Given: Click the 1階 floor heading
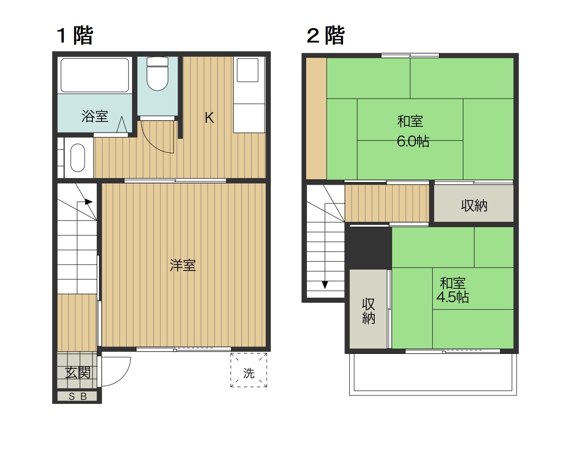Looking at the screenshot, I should click(x=74, y=35).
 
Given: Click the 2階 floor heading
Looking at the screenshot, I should click(x=326, y=35).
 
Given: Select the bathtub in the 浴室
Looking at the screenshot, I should click(x=95, y=75).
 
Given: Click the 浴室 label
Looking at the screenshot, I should click(x=95, y=116).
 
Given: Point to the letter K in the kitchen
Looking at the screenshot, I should click(x=209, y=117).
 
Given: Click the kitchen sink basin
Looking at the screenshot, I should click(x=248, y=71).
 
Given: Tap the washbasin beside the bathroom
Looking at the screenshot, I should click(x=78, y=158).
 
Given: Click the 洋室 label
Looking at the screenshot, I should click(x=182, y=266).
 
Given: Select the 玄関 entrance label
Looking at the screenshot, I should click(x=78, y=372).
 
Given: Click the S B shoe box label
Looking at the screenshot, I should click(x=78, y=396).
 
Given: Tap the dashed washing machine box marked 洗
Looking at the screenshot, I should click(x=249, y=370).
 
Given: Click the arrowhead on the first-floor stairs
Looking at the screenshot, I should click(x=89, y=202).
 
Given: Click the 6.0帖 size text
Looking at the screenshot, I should click(x=413, y=141).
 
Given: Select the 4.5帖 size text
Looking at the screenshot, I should click(x=452, y=297).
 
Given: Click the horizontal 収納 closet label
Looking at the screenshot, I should click(x=474, y=206).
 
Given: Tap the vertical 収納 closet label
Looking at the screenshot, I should click(x=368, y=311).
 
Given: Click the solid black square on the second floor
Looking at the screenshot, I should click(x=370, y=248).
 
